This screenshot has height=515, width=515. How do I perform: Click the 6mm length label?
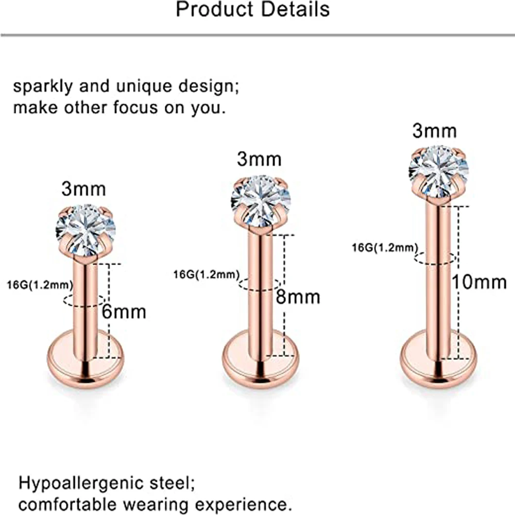click(x=124, y=312)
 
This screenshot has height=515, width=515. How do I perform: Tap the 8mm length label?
click(x=298, y=297)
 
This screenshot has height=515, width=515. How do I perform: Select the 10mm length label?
click(x=479, y=282)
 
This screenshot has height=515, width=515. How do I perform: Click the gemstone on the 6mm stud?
click(x=85, y=230)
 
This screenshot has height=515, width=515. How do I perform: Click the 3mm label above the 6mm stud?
click(x=83, y=188)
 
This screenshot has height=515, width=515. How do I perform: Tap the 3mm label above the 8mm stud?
click(x=259, y=159)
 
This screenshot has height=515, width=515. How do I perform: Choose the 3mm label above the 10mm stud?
click(x=434, y=131)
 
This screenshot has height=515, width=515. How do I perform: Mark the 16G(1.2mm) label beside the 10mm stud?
click(x=384, y=248)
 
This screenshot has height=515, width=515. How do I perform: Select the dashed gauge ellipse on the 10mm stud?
click(x=435, y=258)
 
